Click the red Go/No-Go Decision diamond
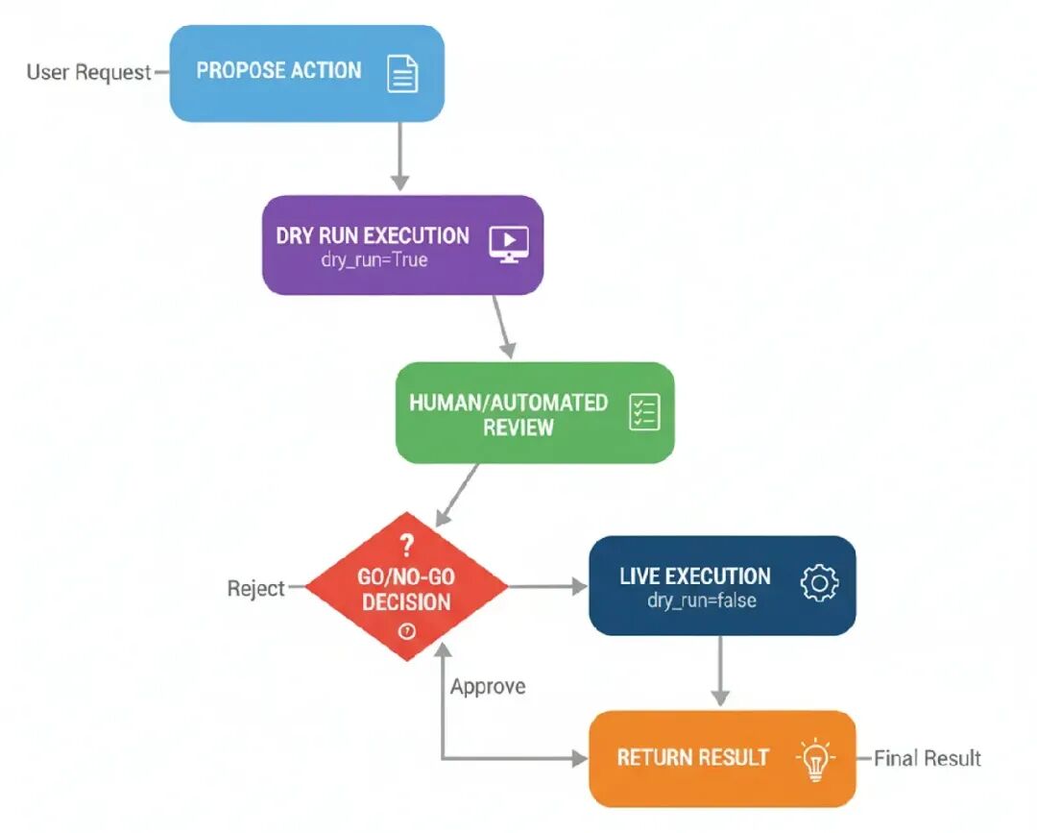[406, 587]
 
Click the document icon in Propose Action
[402, 73]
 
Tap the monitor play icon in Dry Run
[508, 244]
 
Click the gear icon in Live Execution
[819, 583]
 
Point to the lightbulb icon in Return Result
[814, 758]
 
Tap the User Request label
[88, 72]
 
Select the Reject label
[256, 588]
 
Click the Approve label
[488, 687]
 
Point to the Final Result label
[927, 758]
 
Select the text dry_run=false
[701, 601]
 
